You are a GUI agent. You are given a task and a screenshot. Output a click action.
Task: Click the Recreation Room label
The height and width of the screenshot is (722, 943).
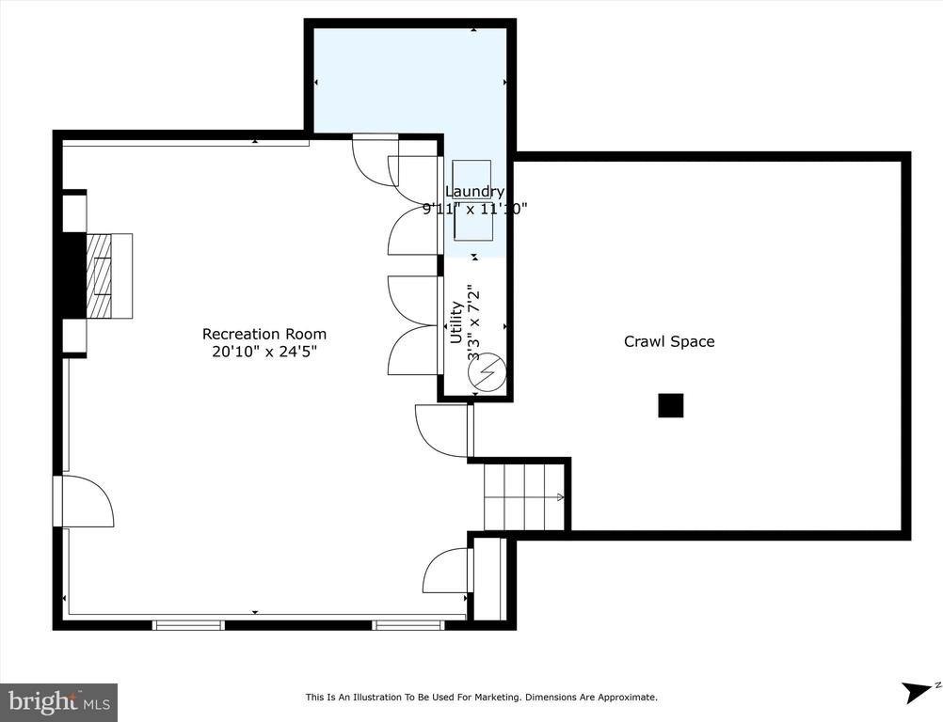(x=264, y=334)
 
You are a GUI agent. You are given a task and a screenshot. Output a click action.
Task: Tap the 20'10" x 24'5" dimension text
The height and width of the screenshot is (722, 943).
(x=264, y=352)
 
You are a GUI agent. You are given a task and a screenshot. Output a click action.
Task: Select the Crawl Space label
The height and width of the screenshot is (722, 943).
(x=669, y=341)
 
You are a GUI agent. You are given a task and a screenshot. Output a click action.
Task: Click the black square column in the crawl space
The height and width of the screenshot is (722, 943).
(x=670, y=405)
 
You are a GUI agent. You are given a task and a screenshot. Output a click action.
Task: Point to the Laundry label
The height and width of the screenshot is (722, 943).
(x=474, y=193)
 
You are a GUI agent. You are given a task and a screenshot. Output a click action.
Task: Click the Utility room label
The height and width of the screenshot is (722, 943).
(x=456, y=322)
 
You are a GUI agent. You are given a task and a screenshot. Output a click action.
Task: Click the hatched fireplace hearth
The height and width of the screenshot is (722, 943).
(x=99, y=275)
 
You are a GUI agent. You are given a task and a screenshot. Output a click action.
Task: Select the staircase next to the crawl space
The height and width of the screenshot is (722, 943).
(x=523, y=497)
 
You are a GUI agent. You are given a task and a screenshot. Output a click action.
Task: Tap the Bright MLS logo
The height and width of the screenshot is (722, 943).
(x=59, y=701)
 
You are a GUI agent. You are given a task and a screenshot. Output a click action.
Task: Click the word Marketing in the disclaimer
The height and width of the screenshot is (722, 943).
(x=493, y=698)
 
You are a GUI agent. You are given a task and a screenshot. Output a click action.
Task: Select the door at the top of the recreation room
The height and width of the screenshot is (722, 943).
(x=374, y=160)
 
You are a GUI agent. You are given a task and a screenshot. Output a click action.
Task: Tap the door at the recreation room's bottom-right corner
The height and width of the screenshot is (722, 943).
(x=446, y=571)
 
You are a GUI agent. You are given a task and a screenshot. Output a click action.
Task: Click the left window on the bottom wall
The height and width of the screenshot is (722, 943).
(x=188, y=624)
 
